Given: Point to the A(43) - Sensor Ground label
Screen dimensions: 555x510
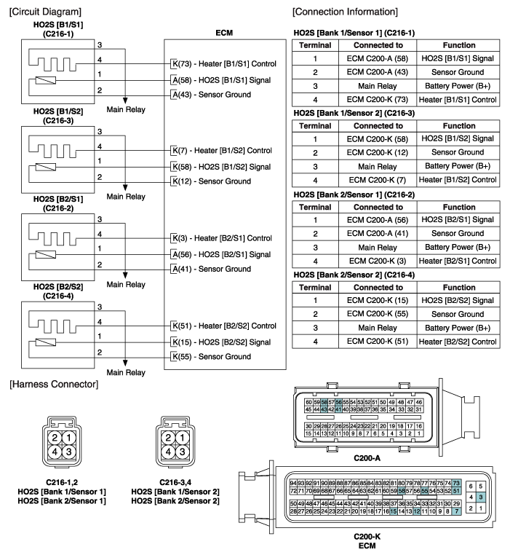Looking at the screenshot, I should pyautogui.click(x=211, y=94).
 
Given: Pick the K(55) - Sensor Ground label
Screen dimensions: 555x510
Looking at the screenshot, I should pyautogui.click(x=211, y=357).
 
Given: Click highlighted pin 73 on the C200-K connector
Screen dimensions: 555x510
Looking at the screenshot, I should pyautogui.click(x=456, y=484).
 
